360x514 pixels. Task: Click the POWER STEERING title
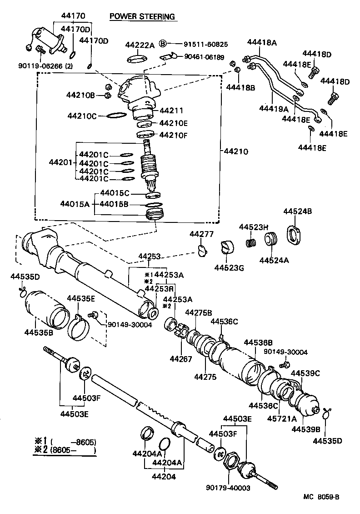coord(142,17)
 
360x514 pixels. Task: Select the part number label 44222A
coord(140,45)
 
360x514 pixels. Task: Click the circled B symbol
coord(164,44)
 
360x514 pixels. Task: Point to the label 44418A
coord(262,43)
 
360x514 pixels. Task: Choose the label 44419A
coord(274,109)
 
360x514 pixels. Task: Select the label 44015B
coord(115,204)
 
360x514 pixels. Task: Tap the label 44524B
coord(297,212)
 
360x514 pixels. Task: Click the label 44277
coord(201,234)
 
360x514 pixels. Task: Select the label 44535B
coord(39,332)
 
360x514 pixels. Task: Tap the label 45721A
coord(281,418)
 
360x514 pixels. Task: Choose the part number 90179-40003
coord(228,489)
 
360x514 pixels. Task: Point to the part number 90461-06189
coord(204,57)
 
